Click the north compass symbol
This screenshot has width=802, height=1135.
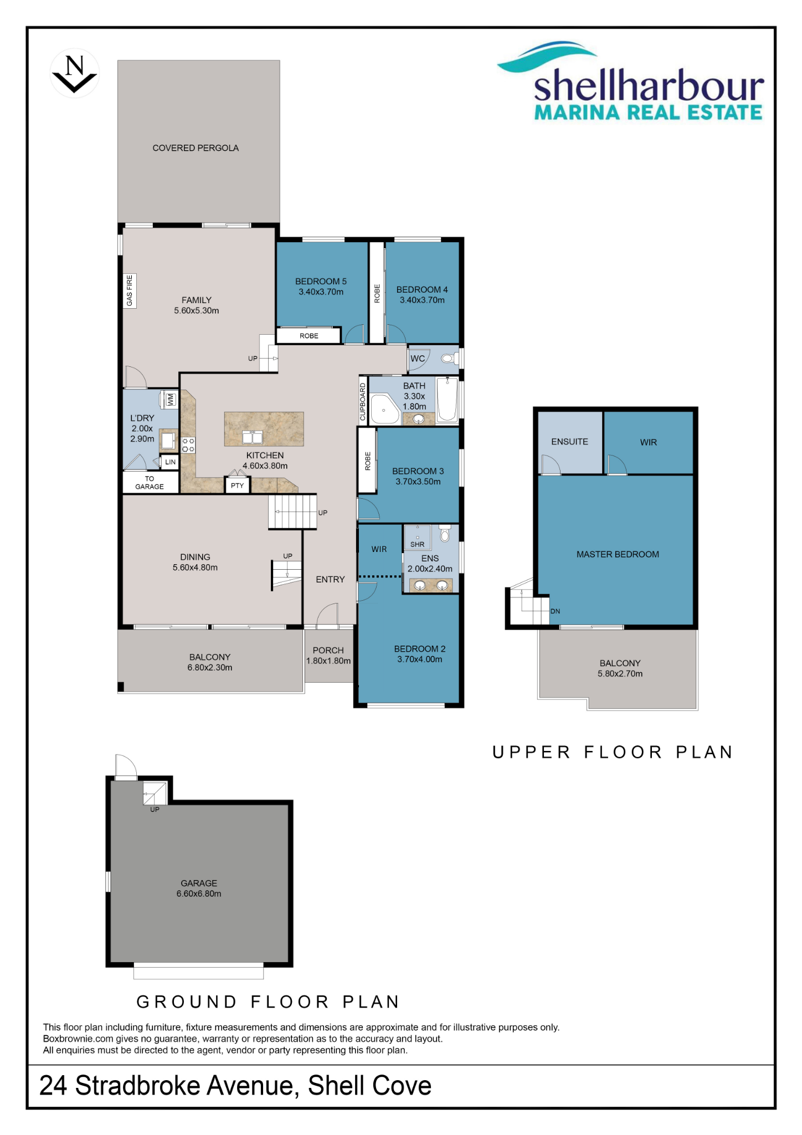(x=74, y=73)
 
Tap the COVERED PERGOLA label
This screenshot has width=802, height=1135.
(x=196, y=148)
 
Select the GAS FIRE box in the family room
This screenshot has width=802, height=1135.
(x=130, y=290)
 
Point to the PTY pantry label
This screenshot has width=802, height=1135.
(x=237, y=485)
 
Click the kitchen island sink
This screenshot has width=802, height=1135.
(x=253, y=437)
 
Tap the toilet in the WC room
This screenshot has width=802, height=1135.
(x=449, y=359)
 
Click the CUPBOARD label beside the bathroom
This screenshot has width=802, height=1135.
(x=363, y=402)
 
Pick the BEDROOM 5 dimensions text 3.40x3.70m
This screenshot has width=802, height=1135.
(x=321, y=292)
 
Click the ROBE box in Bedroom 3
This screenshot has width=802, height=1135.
(x=367, y=461)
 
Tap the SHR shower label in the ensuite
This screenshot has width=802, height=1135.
(x=417, y=544)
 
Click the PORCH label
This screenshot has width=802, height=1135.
(x=328, y=650)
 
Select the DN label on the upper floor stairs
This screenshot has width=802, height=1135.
(x=555, y=611)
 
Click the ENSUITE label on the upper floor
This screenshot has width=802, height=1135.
(x=569, y=442)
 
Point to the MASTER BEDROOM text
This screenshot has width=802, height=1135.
(x=618, y=554)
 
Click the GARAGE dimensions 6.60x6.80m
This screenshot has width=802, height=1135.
(x=199, y=893)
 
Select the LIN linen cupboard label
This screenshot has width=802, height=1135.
(x=170, y=462)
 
